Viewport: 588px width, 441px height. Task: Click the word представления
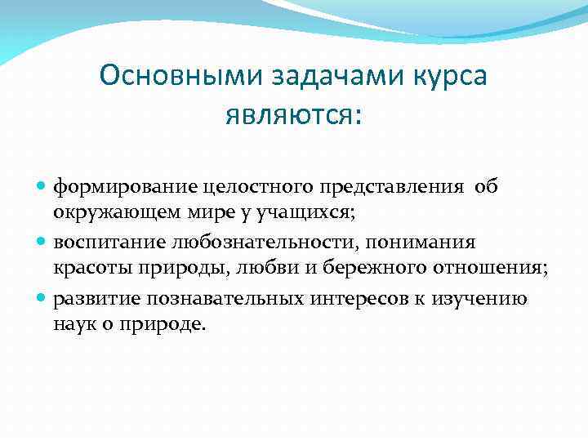tap(376, 188)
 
